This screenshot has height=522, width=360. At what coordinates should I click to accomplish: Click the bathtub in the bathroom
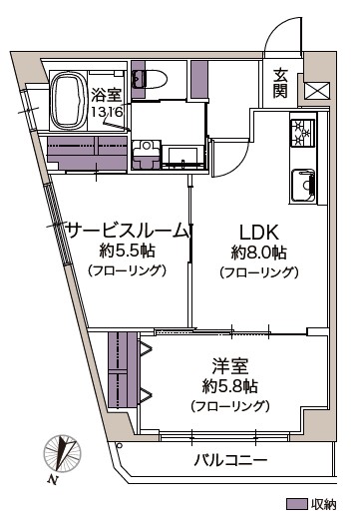[67, 99]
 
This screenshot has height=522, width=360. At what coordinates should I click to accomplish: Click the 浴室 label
[106, 96]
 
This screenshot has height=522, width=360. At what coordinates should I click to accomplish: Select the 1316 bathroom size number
[106, 113]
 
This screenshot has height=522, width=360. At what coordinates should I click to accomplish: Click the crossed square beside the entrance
[316, 90]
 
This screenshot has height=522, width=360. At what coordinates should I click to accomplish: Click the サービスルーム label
[126, 231]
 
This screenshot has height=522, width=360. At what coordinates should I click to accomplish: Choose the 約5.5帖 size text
[126, 251]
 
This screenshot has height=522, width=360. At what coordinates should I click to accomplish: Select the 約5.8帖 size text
[229, 385]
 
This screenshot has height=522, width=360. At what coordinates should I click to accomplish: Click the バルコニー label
[230, 461]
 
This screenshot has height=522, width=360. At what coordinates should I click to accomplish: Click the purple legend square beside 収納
[295, 504]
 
